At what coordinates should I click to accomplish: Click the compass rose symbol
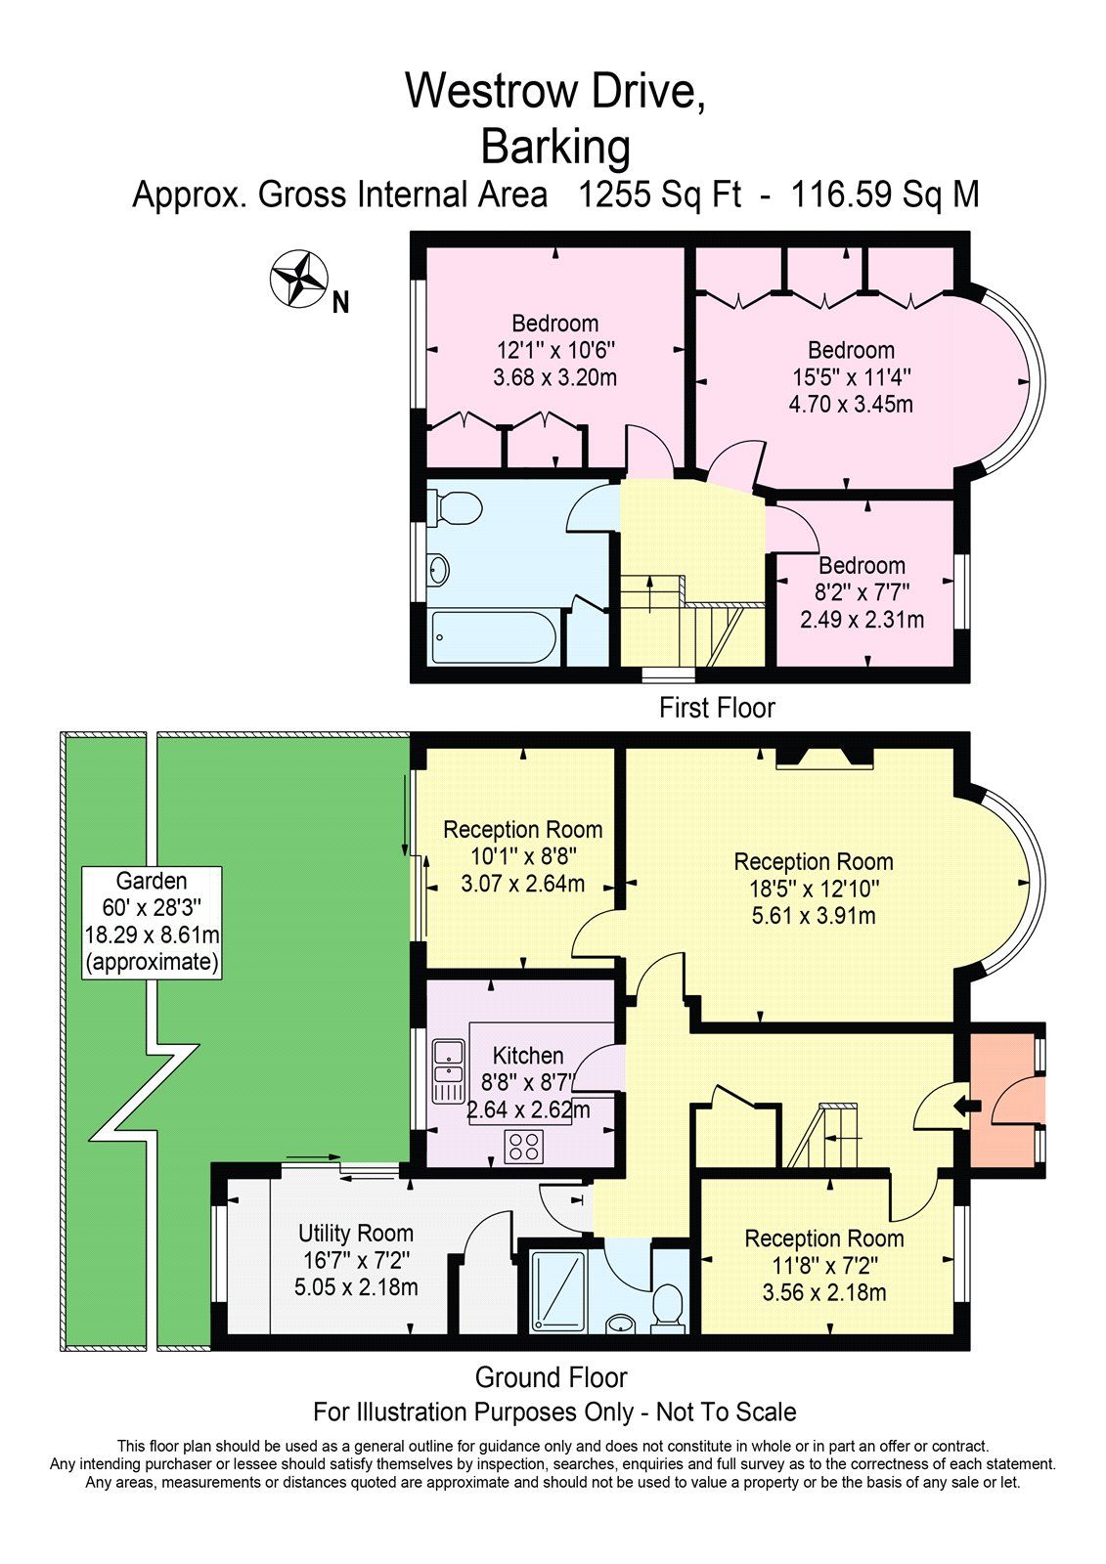(x=298, y=278)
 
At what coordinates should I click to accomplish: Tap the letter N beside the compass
(x=340, y=303)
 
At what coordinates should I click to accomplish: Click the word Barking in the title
(x=555, y=148)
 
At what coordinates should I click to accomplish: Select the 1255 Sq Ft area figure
(x=659, y=195)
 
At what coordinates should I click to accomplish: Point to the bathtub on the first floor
(x=494, y=637)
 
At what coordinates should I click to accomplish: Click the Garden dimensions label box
(x=152, y=923)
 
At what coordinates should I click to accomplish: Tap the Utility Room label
(x=356, y=1233)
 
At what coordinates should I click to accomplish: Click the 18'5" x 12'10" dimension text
(x=814, y=889)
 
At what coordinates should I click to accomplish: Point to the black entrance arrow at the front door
(x=967, y=1106)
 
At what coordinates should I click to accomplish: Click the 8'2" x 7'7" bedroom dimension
(x=862, y=592)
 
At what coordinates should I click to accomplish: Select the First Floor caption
(x=717, y=708)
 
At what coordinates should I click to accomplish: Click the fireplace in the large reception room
(x=824, y=759)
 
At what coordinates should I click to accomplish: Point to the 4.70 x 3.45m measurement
(x=851, y=405)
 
